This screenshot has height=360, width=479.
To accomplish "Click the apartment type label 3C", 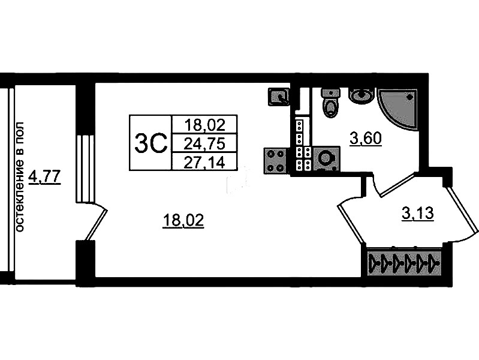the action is click(151, 143).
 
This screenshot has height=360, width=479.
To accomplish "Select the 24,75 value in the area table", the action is click(204, 143).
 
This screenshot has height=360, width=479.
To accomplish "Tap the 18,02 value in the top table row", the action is click(204, 124).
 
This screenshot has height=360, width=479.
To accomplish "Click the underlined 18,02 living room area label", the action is click(183, 221).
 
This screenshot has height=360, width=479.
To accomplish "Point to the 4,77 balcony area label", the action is click(44, 177).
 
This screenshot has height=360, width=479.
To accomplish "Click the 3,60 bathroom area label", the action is click(366, 139).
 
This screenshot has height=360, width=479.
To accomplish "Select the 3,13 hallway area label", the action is click(418, 213).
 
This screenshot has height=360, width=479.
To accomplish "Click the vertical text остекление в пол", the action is click(19, 177).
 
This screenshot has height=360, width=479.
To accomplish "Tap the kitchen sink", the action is click(278, 97).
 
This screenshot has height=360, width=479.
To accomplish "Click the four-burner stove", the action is click(275, 161).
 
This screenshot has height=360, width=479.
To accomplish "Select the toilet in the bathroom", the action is click(330, 103).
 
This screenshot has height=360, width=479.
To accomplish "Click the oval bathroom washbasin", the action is click(361, 95).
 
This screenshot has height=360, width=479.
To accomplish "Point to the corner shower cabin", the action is click(397, 110).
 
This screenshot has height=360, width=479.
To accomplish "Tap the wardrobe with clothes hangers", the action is click(405, 262).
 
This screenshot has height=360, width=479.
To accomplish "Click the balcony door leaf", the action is click(96, 225).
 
